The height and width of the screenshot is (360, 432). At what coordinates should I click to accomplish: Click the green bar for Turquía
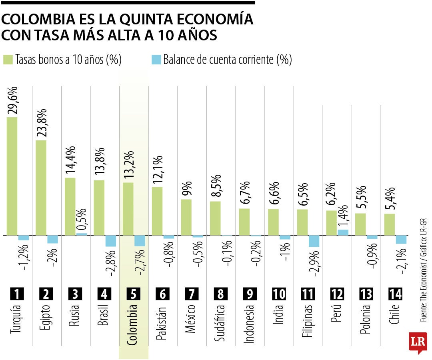tap(12, 176)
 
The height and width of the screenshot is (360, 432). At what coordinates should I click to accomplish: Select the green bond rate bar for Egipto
tap(41, 188)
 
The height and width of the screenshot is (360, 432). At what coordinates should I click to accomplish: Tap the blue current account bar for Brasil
tap(111, 241)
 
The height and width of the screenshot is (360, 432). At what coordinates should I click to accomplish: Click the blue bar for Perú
tap(343, 232)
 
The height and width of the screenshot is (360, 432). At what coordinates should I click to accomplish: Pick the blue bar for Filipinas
tap(314, 241)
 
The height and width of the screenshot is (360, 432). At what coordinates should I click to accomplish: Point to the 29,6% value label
tap(12, 100)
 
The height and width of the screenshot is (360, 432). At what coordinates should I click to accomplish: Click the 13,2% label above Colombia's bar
tap(129, 166)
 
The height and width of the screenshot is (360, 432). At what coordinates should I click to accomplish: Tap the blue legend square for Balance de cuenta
tap(156, 60)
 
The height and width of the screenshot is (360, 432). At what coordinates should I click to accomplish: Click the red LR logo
tap(418, 342)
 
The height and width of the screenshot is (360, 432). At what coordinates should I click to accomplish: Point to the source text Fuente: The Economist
tap(424, 280)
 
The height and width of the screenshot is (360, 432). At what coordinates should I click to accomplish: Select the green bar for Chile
tap(390, 224)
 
